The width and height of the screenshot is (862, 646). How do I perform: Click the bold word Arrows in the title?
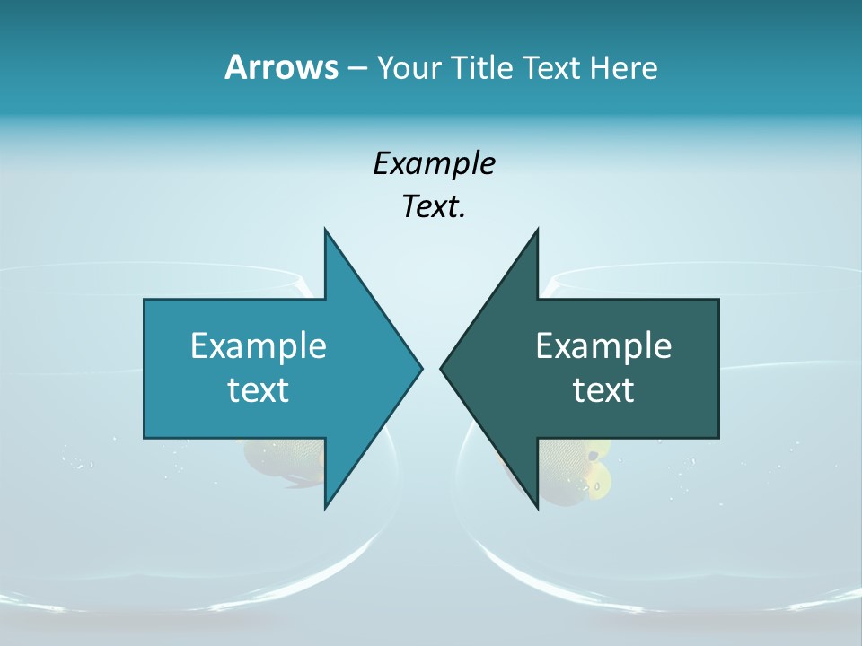point(281,67)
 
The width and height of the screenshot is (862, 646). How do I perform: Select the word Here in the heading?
point(623,67)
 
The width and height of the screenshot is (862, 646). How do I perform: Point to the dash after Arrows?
point(356,69)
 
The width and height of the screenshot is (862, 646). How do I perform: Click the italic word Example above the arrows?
point(435,163)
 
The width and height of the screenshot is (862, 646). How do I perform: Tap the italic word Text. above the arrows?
point(435,207)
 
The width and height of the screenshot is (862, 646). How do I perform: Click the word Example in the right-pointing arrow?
point(259,345)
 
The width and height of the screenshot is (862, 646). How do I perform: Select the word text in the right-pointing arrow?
point(259,389)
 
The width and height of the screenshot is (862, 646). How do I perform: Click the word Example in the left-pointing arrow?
point(603,345)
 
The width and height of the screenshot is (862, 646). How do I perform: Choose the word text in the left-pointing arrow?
point(603,389)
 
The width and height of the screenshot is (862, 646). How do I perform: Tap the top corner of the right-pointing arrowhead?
point(326,231)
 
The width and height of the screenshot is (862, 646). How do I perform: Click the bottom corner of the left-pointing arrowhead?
point(537,507)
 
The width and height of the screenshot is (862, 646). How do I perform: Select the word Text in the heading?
point(553,67)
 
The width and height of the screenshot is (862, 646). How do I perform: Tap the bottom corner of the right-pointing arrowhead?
point(326,507)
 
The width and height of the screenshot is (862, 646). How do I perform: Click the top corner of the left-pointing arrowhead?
point(537,231)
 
